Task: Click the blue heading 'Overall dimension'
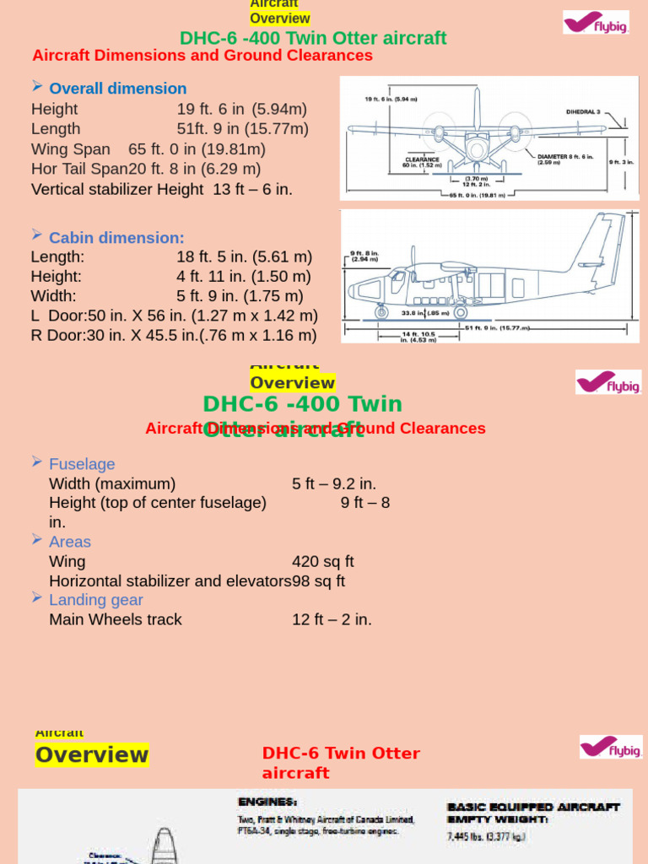click(x=117, y=89)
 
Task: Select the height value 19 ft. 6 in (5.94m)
click(x=242, y=109)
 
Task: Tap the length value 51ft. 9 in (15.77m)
click(x=243, y=128)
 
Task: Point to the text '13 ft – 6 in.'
click(x=252, y=188)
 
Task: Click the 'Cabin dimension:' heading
click(x=116, y=238)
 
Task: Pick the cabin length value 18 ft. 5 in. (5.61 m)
click(x=244, y=256)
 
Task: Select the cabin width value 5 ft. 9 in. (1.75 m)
click(x=240, y=295)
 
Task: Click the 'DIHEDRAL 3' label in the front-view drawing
click(x=583, y=111)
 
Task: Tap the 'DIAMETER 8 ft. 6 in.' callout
click(x=565, y=157)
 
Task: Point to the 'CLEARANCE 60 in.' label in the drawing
click(x=421, y=162)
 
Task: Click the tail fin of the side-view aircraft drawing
click(x=603, y=245)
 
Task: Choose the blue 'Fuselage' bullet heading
click(x=82, y=464)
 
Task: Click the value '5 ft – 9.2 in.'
click(x=334, y=483)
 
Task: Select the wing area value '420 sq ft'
click(x=323, y=561)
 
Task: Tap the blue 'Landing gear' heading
click(x=96, y=600)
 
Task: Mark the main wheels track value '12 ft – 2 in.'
click(x=332, y=619)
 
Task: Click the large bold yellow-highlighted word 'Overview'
click(x=92, y=754)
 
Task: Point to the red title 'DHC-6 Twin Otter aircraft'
click(x=341, y=763)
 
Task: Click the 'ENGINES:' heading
click(x=267, y=802)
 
